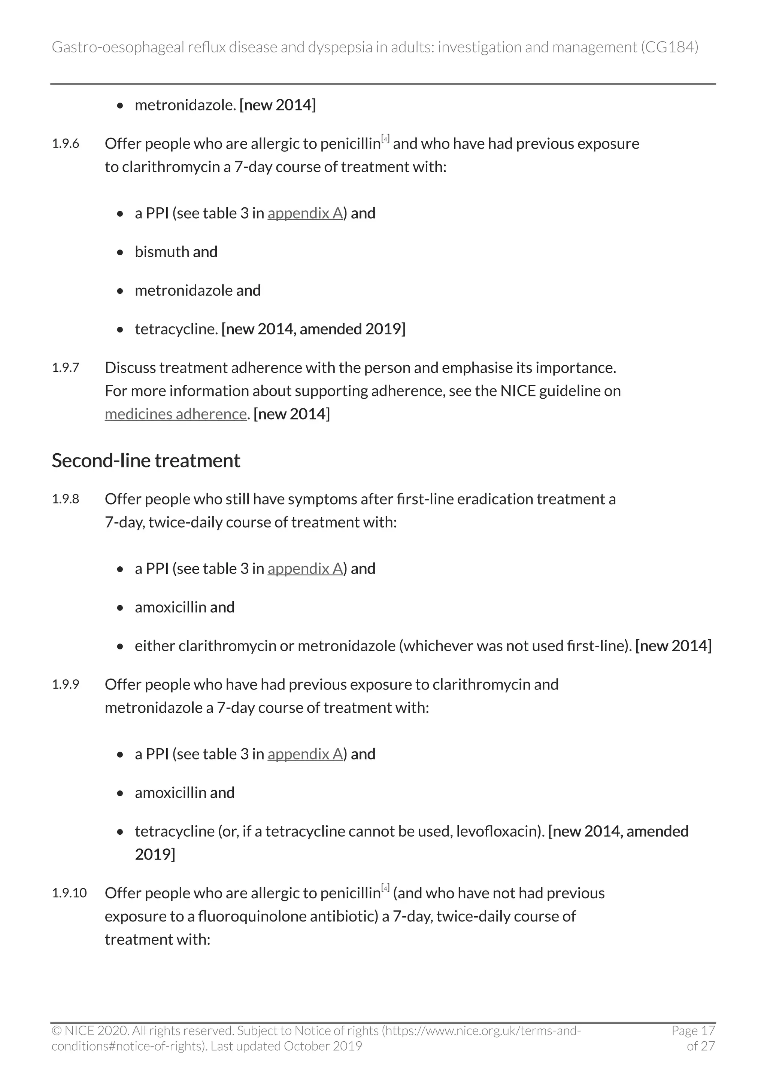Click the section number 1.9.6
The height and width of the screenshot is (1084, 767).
(x=65, y=143)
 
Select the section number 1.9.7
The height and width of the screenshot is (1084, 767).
(x=65, y=367)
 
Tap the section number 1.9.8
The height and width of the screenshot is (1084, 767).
(x=65, y=499)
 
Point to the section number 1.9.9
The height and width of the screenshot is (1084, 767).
(x=65, y=684)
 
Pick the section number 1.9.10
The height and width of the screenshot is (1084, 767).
(x=69, y=893)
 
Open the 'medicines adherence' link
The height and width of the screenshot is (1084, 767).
(x=175, y=414)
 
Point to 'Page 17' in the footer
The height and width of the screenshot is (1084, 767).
(x=693, y=1030)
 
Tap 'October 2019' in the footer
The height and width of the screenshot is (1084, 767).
(x=322, y=1046)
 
